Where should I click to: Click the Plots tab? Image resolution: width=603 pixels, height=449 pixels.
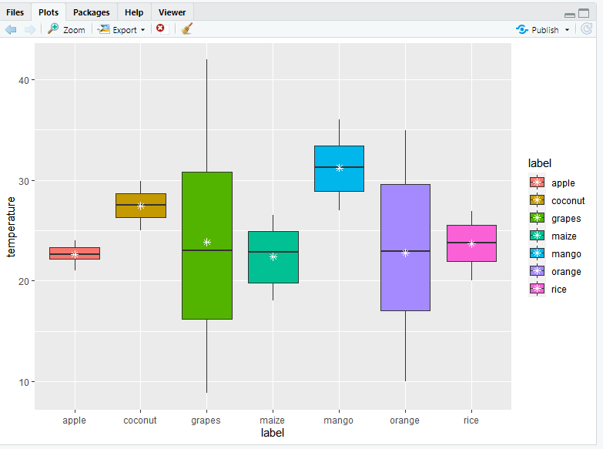pyautogui.click(x=49, y=12)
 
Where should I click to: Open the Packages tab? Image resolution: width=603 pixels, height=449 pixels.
pyautogui.click(x=92, y=12)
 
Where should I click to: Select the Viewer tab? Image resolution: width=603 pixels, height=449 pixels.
pyautogui.click(x=172, y=12)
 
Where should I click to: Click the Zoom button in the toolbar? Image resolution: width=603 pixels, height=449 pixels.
pyautogui.click(x=66, y=30)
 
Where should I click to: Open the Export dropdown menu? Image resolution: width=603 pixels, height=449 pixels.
pyautogui.click(x=122, y=30)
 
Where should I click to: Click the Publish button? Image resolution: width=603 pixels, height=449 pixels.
pyautogui.click(x=544, y=30)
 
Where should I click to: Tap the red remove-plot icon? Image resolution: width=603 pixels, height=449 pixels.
pyautogui.click(x=160, y=28)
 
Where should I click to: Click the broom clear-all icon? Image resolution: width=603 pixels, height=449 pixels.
pyautogui.click(x=186, y=29)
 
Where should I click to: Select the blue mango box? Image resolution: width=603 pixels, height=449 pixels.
pyautogui.click(x=339, y=168)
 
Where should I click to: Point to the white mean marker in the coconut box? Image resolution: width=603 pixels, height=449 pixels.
pyautogui.click(x=141, y=206)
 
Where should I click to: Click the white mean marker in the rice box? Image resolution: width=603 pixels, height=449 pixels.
pyautogui.click(x=471, y=243)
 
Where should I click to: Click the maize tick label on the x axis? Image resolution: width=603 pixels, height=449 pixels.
pyautogui.click(x=273, y=421)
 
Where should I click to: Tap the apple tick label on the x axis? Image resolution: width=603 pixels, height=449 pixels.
pyautogui.click(x=75, y=421)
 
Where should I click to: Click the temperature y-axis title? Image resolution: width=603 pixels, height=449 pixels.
pyautogui.click(x=11, y=226)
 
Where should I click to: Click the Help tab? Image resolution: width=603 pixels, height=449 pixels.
pyautogui.click(x=134, y=12)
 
